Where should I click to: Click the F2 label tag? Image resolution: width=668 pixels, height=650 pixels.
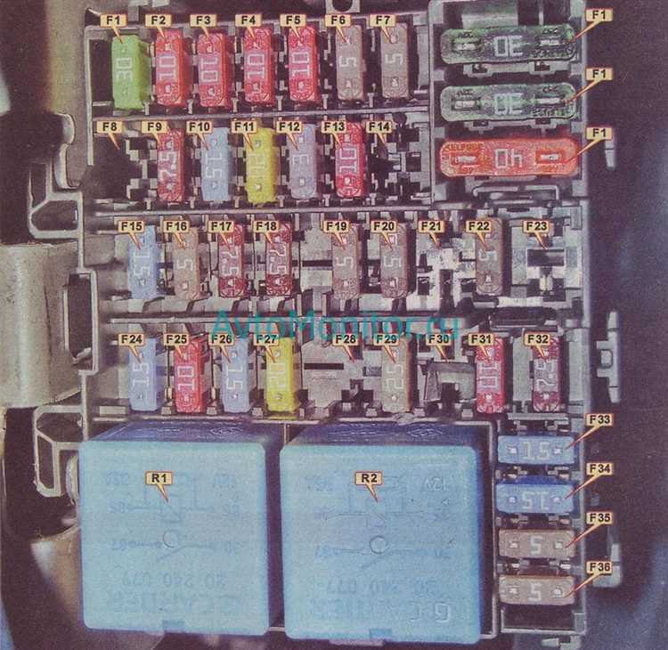pyautogui.click(x=159, y=20)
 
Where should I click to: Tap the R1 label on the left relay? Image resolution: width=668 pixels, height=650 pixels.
pyautogui.click(x=160, y=478)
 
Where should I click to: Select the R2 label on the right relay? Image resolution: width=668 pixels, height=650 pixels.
pyautogui.click(x=368, y=478)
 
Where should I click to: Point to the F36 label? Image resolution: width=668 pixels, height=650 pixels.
pyautogui.click(x=599, y=566)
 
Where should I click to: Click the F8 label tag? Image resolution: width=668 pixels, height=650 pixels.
pyautogui.click(x=110, y=126)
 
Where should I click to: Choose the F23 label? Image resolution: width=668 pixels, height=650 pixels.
pyautogui.click(x=534, y=226)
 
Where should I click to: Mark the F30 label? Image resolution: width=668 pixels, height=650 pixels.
pyautogui.click(x=437, y=339)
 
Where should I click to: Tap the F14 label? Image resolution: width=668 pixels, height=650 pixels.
pyautogui.click(x=379, y=126)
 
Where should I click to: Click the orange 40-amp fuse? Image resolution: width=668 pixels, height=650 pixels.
pyautogui.click(x=508, y=158)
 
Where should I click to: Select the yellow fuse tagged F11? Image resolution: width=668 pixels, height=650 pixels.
pyautogui.click(x=259, y=167)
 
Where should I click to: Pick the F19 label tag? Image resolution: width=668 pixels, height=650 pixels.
pyautogui.click(x=336, y=226)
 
